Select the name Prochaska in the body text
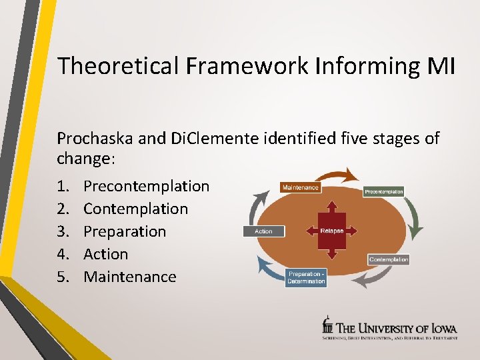pyautogui.click(x=97, y=138)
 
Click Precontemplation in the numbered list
pyautogui.click(x=146, y=186)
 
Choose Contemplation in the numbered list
pyautogui.click(x=135, y=209)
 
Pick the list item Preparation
pyautogui.click(x=125, y=231)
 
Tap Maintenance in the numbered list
pyautogui.click(x=130, y=277)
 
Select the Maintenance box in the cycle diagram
pyautogui.click(x=300, y=187)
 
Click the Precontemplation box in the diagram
pyautogui.click(x=383, y=191)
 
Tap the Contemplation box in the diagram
pyautogui.click(x=388, y=259)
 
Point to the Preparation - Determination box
pyautogui.click(x=306, y=278)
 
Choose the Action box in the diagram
pyautogui.click(x=264, y=231)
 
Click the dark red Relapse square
pyautogui.click(x=331, y=231)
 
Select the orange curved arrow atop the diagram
pyautogui.click(x=342, y=177)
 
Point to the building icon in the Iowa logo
pyautogui.click(x=327, y=325)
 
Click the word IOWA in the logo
pyautogui.click(x=441, y=327)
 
